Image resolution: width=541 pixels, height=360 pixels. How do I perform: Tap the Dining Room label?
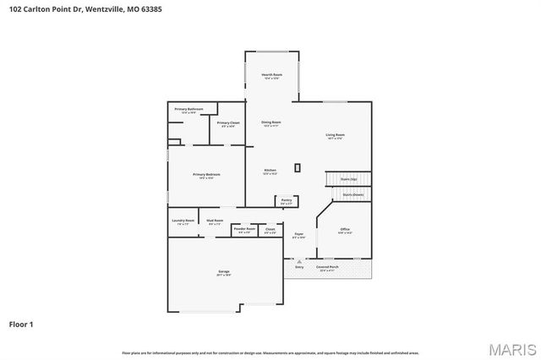click(x=270, y=123)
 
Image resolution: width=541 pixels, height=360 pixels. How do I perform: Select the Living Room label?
click(x=335, y=136)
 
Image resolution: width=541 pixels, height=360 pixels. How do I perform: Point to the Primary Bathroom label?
click(x=189, y=110)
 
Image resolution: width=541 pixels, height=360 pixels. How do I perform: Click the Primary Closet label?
click(x=228, y=124)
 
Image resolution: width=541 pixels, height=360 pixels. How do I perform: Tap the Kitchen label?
click(x=270, y=172)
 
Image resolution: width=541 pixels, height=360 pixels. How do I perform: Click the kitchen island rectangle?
click(x=297, y=167)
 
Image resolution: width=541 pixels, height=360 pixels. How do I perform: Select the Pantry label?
click(x=287, y=201)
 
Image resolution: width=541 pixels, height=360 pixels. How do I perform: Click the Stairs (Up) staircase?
click(x=348, y=179)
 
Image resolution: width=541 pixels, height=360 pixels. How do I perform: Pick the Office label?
click(x=345, y=230)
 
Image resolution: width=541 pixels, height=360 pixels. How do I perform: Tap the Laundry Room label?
click(x=183, y=221)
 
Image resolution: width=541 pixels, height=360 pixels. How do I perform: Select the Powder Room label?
click(x=244, y=229)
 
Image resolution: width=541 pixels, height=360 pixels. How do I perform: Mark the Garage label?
click(x=224, y=272)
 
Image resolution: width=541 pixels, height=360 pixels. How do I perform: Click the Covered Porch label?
click(x=327, y=267)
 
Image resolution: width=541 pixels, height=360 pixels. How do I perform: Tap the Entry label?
click(x=299, y=267)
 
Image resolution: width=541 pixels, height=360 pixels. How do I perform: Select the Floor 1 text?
click(x=21, y=324)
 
